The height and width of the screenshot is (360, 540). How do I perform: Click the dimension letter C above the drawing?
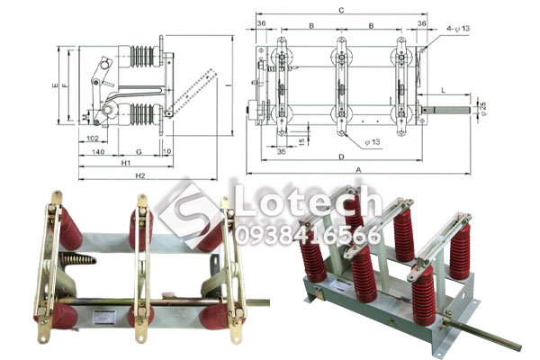pyautogui.click(x=341, y=10)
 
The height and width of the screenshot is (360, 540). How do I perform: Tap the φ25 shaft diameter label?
pyautogui.click(x=483, y=111)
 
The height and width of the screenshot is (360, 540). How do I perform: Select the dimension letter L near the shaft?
pyautogui.click(x=444, y=92)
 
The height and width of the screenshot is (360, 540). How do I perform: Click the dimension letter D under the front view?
pyautogui.click(x=341, y=157)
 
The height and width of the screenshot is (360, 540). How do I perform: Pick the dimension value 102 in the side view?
pyautogui.click(x=94, y=138)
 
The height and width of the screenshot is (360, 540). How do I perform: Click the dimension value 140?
pyautogui.click(x=100, y=152)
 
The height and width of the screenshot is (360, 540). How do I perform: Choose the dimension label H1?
pyautogui.click(x=127, y=164)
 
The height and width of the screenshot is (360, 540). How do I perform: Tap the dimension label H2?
pyautogui.click(x=139, y=176)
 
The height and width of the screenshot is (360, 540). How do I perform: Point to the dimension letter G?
pyautogui.click(x=139, y=152)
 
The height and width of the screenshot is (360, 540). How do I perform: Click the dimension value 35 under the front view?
pyautogui.click(x=282, y=154)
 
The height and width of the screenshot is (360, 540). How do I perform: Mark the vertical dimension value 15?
pyautogui.click(x=301, y=140)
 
